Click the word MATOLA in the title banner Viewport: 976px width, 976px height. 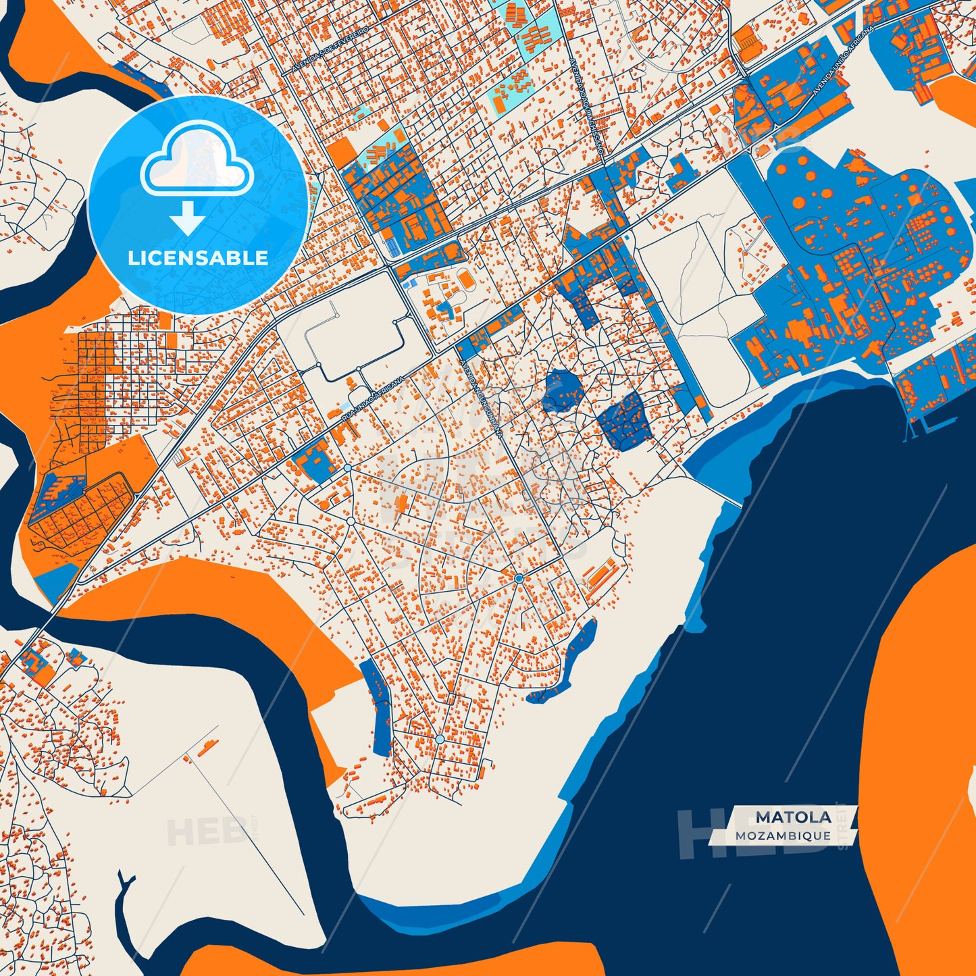coord(793,817)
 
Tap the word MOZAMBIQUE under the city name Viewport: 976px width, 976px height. coord(783,836)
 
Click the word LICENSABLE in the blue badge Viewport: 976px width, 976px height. coord(198,258)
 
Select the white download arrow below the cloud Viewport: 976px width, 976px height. coord(188,217)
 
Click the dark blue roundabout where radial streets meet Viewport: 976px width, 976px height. coord(518,579)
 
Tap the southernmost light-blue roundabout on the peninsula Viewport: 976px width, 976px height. coord(440,740)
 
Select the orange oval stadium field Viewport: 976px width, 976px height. coord(465,278)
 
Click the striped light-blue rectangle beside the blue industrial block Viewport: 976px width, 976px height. coord(390,246)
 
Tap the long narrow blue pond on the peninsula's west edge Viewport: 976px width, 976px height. coord(377,706)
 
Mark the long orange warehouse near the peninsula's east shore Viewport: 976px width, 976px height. coord(600,574)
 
